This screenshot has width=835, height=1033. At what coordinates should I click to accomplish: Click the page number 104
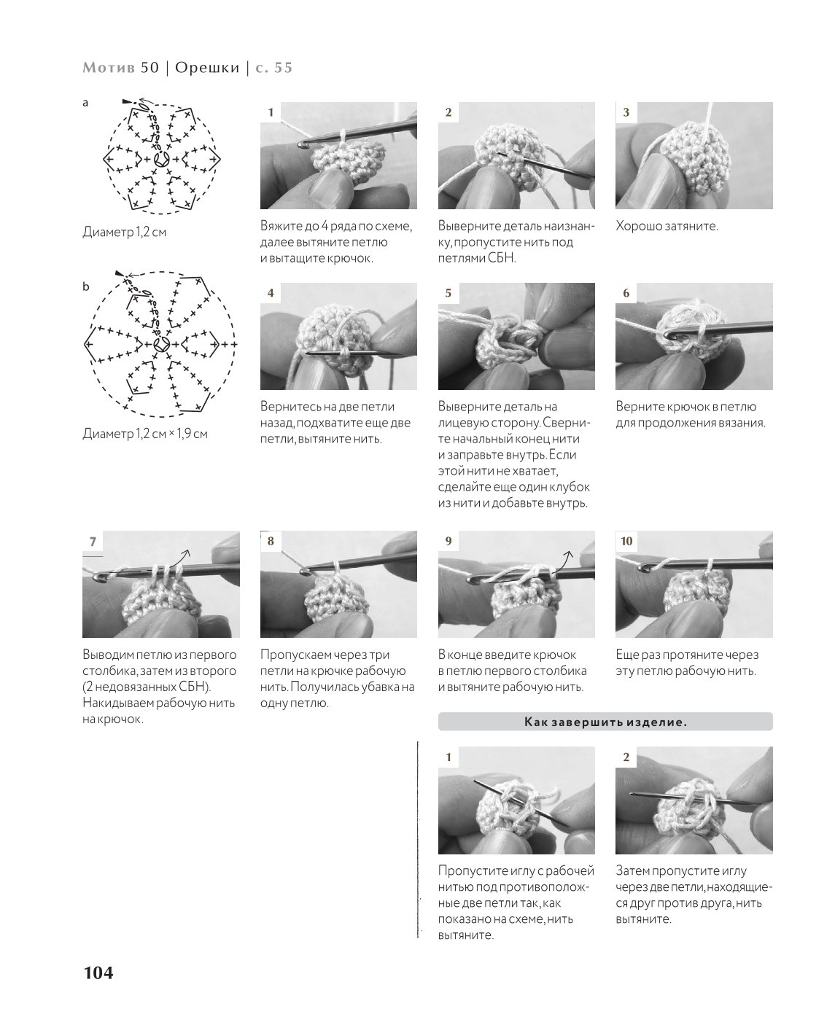[98, 972]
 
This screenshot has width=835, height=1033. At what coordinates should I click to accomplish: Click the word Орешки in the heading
[207, 67]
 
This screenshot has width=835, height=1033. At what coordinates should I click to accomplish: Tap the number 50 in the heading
[150, 67]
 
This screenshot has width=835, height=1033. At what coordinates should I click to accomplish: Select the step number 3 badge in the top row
[626, 112]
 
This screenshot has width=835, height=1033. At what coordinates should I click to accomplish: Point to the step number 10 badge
[626, 541]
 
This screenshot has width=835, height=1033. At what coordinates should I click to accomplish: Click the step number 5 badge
[448, 293]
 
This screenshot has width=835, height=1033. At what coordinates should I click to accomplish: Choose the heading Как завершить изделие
[605, 722]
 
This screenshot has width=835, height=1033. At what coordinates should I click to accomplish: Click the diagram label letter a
[85, 103]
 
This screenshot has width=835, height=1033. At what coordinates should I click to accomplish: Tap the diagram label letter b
[86, 286]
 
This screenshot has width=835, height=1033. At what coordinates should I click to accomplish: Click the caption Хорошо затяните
[667, 225]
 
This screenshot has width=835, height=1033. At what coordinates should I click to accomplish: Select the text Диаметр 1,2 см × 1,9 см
[145, 433]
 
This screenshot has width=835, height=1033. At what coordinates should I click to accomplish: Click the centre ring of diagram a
[160, 159]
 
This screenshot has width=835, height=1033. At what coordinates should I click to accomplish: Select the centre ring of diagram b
[160, 345]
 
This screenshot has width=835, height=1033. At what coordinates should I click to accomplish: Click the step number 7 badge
[93, 541]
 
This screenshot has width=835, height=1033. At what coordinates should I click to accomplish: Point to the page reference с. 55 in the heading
[274, 67]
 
